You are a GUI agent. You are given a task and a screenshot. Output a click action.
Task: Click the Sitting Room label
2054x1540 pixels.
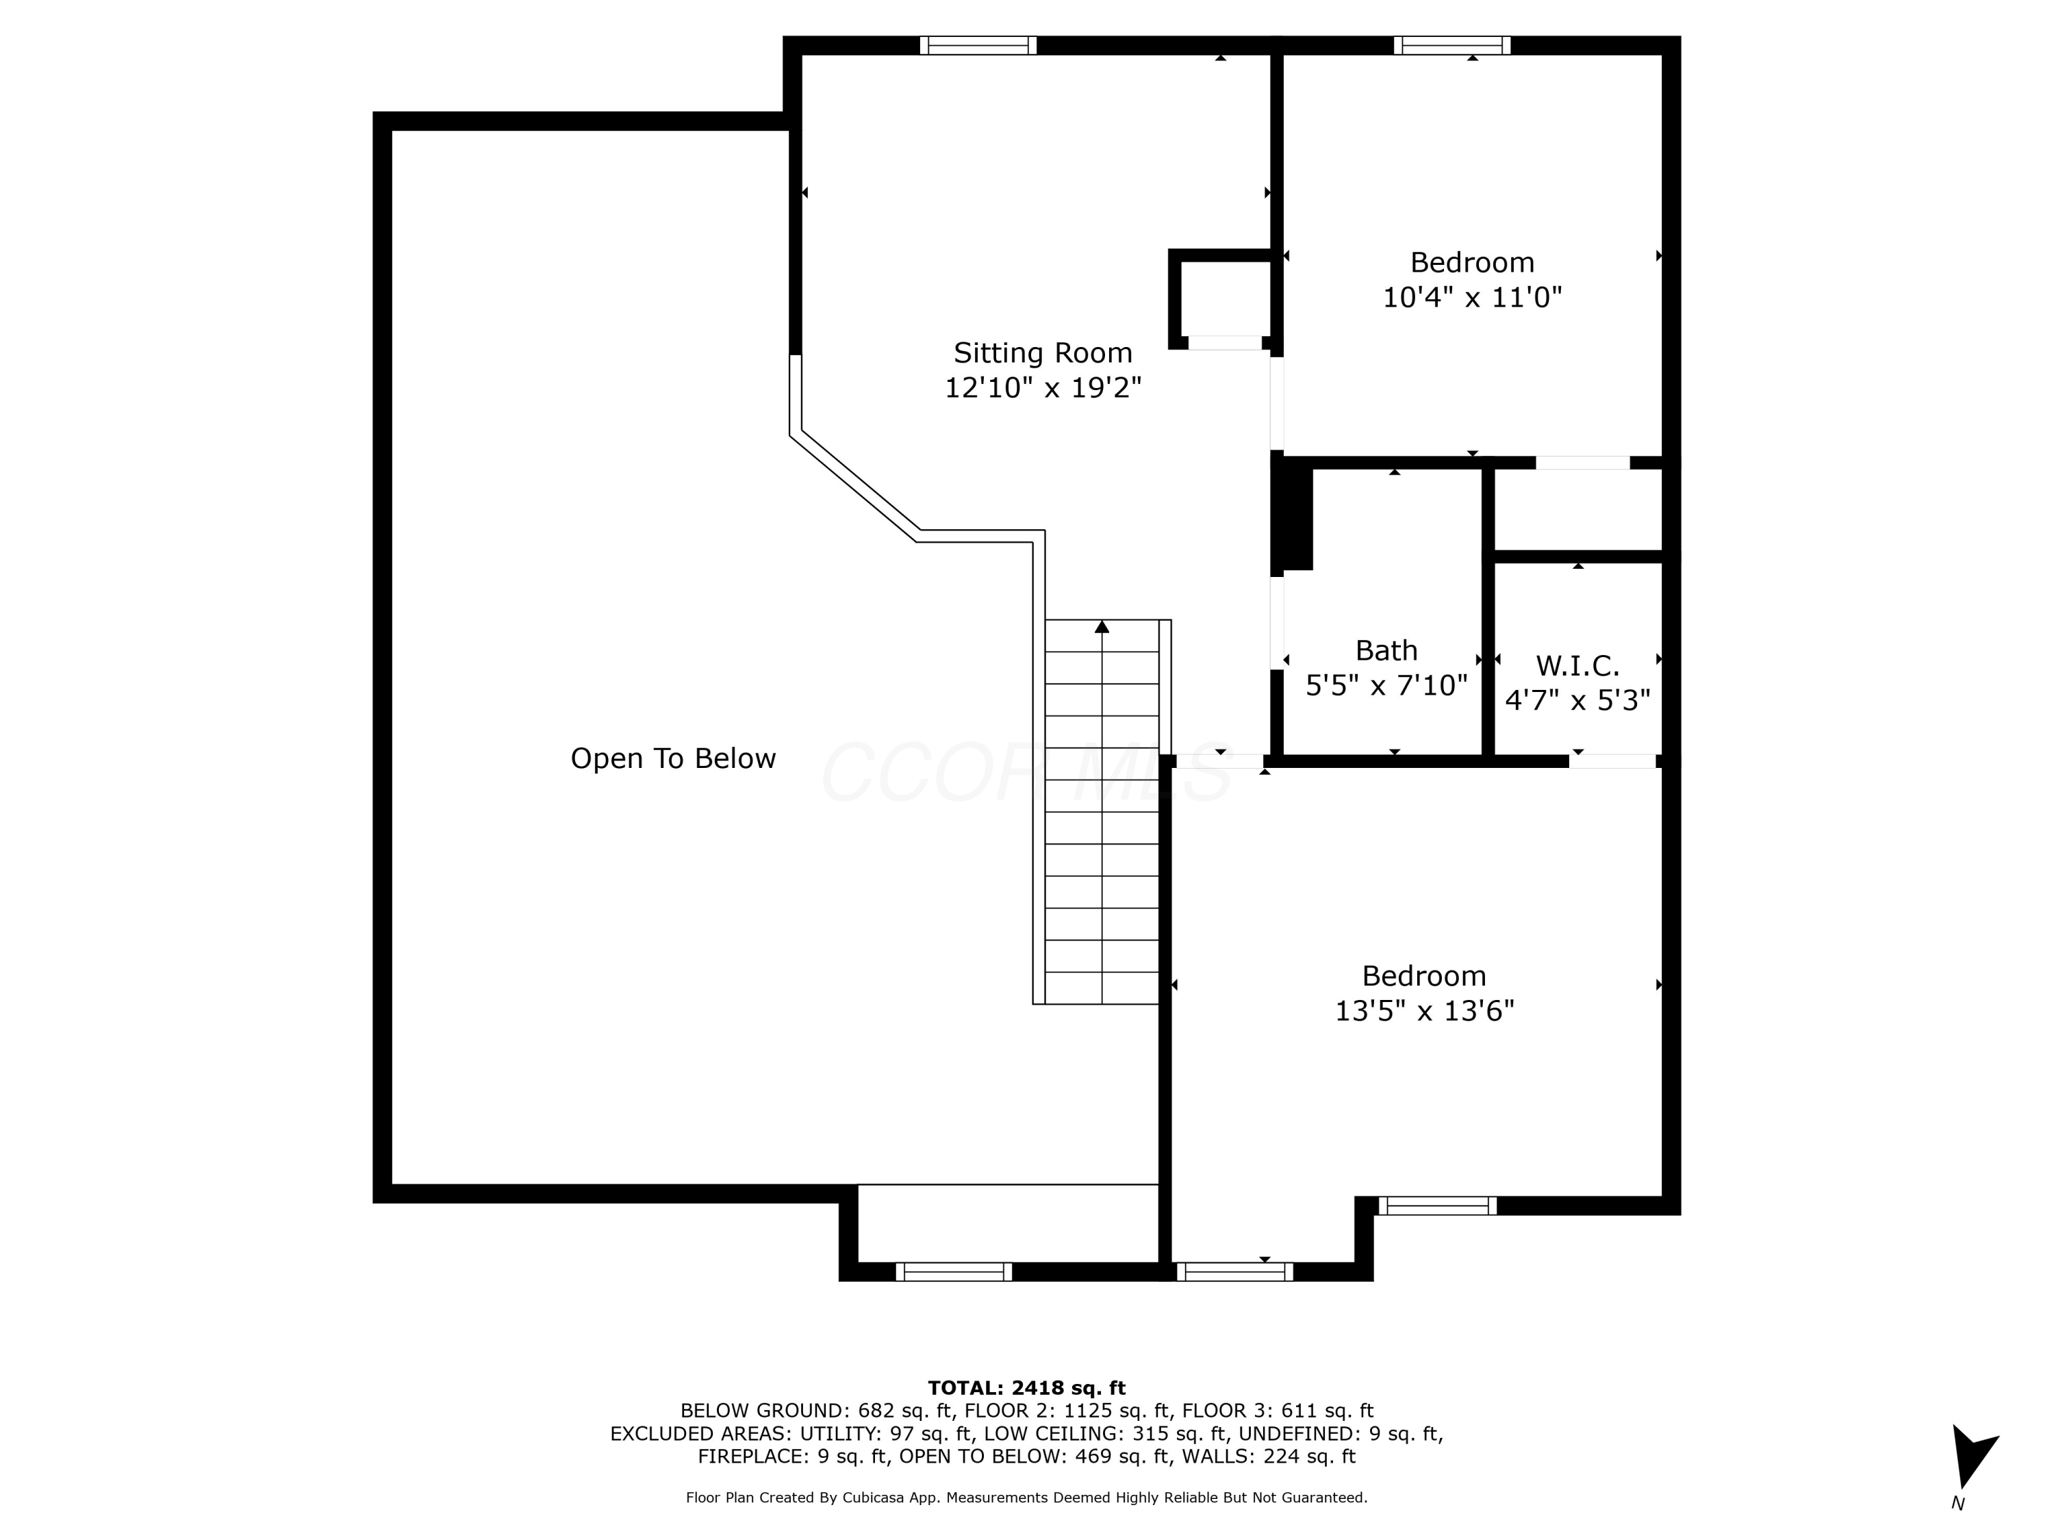point(1043,354)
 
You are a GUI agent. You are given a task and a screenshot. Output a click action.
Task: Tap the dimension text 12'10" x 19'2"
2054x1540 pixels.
point(1043,388)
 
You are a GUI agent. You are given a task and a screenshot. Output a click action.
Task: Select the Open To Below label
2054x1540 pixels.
point(673,759)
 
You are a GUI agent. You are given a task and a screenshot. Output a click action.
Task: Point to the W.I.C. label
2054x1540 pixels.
point(1577,665)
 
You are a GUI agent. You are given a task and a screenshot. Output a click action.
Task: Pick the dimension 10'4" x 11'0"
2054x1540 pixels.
point(1473,298)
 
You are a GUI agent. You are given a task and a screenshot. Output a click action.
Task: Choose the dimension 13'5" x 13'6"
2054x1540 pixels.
point(1424,1011)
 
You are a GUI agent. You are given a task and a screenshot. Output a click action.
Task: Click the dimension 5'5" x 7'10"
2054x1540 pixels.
point(1386,686)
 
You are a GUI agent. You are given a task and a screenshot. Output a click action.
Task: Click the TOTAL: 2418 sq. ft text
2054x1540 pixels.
point(1027,1388)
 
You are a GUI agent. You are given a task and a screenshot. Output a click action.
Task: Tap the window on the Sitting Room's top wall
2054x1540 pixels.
point(978,45)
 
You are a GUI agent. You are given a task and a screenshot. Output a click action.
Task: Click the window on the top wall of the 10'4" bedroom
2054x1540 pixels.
point(1452,45)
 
